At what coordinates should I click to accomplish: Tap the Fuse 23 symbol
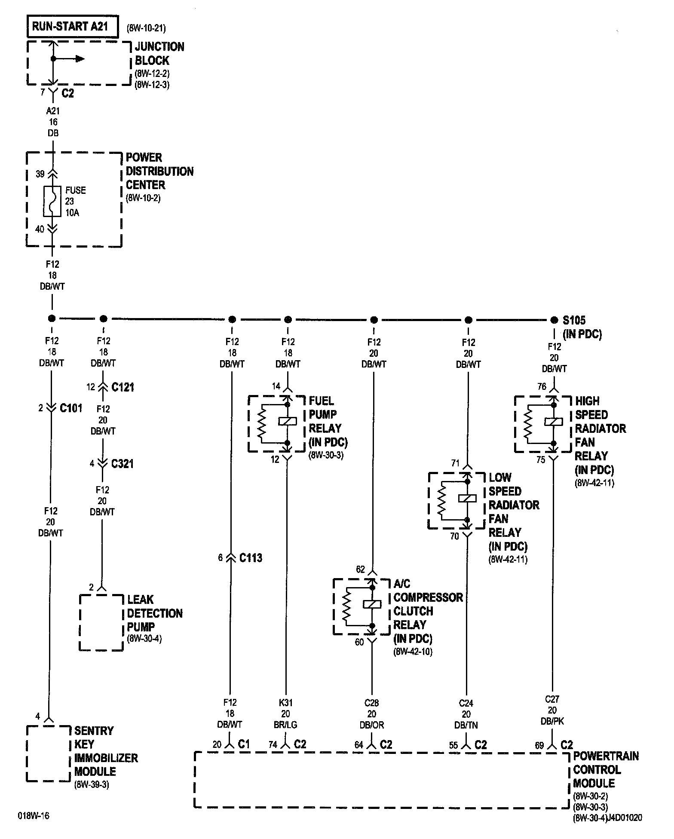[52, 201]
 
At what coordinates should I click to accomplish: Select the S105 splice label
[574, 320]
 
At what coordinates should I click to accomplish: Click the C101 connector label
[71, 408]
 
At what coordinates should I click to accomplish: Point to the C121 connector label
[123, 387]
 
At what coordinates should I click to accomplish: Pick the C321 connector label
[123, 464]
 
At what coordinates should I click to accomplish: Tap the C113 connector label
[251, 558]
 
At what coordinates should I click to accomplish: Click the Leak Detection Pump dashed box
[101, 623]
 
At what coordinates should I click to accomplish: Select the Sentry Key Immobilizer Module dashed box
[48, 753]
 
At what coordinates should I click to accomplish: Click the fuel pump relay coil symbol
[288, 421]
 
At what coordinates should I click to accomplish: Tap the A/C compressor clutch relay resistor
[346, 607]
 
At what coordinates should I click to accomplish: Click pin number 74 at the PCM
[273, 745]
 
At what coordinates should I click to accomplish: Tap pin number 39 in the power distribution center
[40, 174]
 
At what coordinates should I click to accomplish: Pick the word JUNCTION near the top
[159, 47]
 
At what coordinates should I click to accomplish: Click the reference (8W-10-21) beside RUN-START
[146, 28]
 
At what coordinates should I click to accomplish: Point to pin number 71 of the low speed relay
[455, 463]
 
